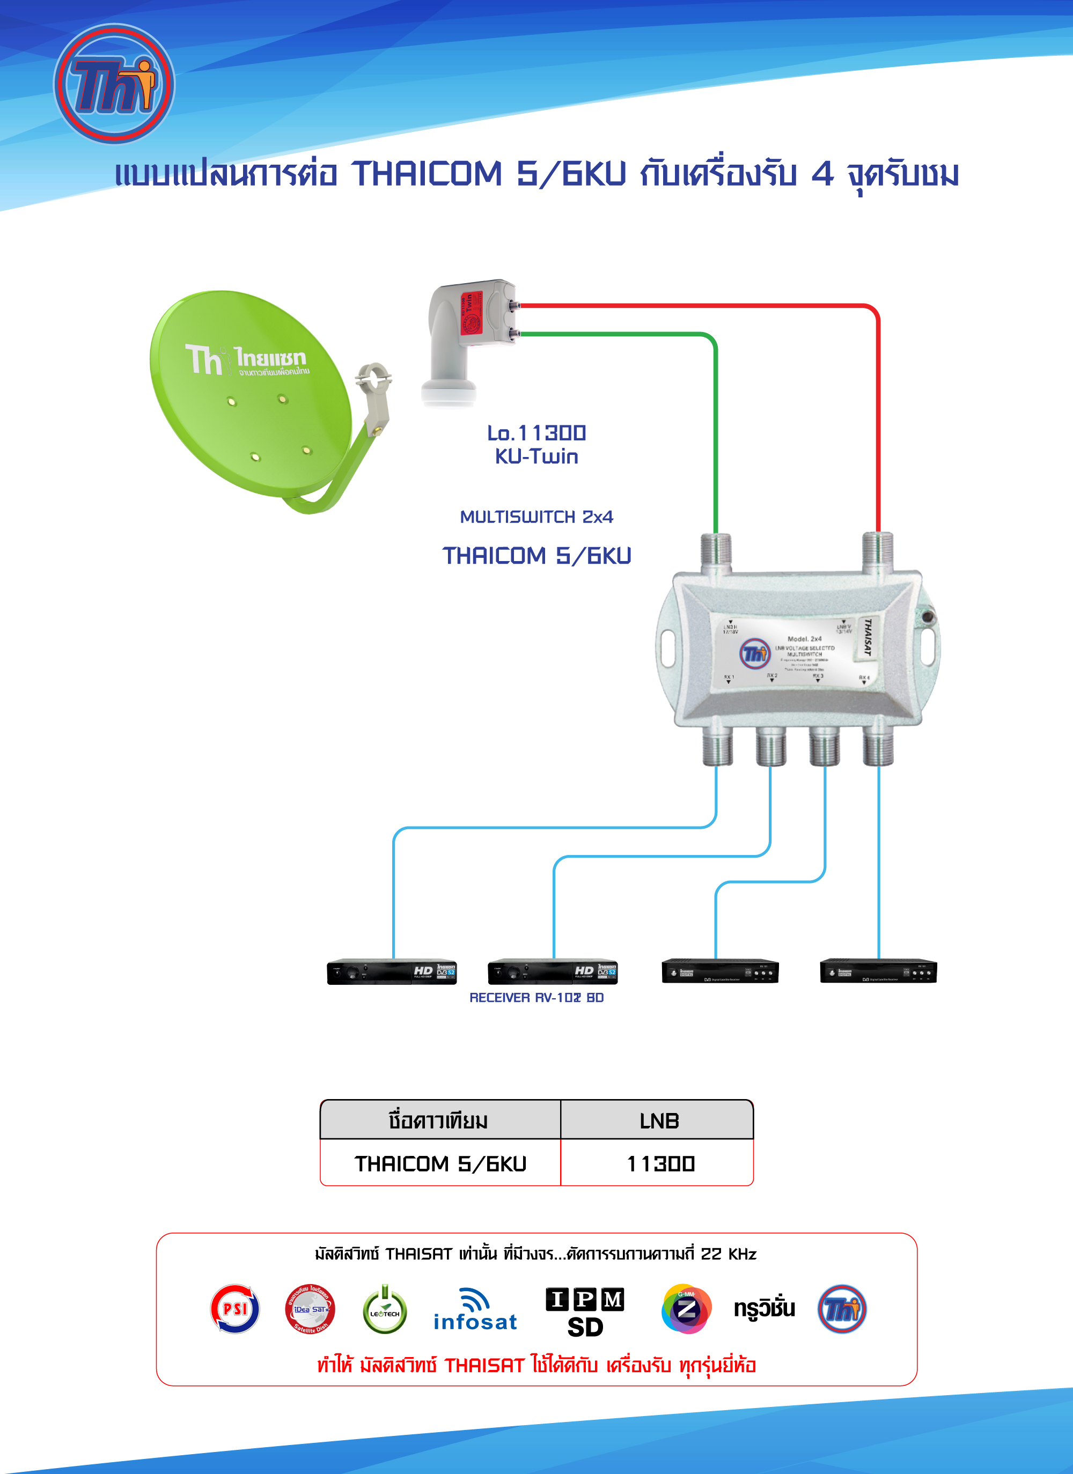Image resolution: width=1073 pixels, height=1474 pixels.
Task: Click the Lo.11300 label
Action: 536,433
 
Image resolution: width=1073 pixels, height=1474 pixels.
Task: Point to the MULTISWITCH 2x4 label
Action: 536,517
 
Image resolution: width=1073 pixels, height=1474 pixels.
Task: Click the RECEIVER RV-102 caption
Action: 536,998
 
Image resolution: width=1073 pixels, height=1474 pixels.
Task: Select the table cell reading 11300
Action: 660,1163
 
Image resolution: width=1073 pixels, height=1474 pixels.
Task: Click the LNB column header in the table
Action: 658,1121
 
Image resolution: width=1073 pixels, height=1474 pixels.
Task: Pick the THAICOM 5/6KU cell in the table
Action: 440,1163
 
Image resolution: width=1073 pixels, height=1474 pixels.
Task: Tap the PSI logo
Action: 234,1308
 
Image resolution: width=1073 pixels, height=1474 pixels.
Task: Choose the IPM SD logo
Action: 585,1311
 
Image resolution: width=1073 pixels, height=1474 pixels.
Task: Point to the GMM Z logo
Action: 686,1309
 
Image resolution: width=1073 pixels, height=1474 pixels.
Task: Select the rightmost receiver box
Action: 878,971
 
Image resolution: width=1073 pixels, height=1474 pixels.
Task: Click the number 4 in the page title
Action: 822,174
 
